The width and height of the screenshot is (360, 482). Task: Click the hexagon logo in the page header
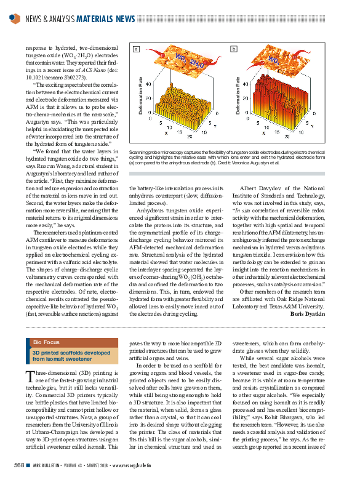click(15, 18)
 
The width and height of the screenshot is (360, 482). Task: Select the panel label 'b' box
click(234, 49)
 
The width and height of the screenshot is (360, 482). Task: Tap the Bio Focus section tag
click(46, 342)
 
